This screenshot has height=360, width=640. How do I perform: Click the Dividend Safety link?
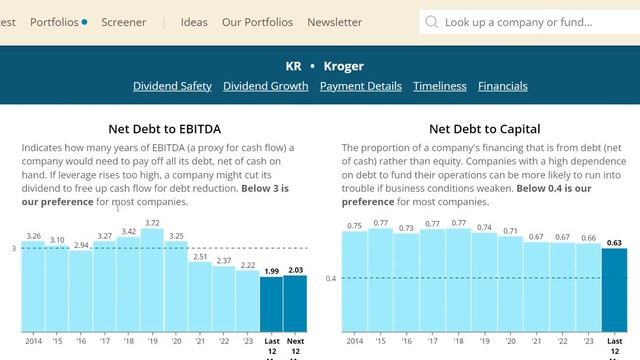172,86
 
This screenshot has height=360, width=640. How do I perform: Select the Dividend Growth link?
265,86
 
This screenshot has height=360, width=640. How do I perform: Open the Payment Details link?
361,86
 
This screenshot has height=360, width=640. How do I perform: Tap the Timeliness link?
440,86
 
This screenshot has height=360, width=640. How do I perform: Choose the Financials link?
503,86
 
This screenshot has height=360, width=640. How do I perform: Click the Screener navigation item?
123,22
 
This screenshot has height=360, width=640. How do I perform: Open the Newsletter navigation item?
335,22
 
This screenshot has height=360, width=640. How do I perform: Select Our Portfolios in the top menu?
257,22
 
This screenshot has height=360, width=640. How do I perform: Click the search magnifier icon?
431,22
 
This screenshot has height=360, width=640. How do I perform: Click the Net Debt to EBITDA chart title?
165,129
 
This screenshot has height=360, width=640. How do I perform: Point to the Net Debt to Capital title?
485,129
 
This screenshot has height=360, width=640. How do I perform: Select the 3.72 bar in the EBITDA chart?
152,280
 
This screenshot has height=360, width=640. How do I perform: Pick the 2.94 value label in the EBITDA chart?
81,244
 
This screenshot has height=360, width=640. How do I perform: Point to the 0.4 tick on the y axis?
330,278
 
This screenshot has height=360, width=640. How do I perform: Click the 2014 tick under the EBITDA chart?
33,341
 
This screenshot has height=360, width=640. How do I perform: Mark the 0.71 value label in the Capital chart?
510,231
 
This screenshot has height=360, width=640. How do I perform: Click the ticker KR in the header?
293,66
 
